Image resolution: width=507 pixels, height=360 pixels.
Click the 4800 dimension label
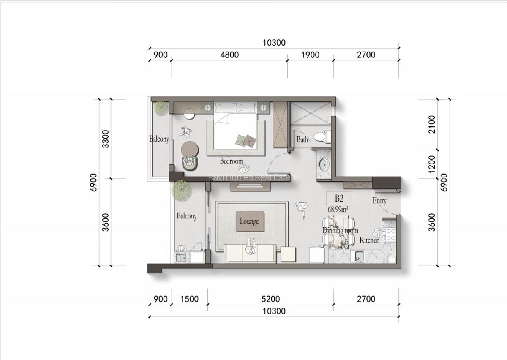pos(229,55)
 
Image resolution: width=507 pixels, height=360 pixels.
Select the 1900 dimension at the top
pos(311,55)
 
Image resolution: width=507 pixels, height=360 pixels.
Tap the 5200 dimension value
pos(270,299)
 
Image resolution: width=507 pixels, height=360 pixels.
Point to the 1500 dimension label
pos(189,299)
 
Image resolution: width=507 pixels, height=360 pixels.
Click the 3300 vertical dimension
pos(106,139)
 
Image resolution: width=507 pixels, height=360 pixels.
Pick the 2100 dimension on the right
pos(431,124)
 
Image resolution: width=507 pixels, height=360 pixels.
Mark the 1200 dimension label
pos(431,164)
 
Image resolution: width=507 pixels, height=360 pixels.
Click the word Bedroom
pos(231,161)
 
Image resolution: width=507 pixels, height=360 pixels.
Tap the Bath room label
pos(302,139)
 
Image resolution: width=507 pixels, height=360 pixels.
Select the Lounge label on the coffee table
pos(249,221)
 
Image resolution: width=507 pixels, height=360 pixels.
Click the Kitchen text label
pos(369,240)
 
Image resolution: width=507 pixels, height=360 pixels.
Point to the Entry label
pos(379,201)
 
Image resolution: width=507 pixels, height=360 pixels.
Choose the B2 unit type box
pos(338,198)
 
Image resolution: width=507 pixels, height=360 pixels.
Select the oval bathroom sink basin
pos(323,164)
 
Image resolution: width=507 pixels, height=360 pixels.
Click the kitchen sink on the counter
pos(359,256)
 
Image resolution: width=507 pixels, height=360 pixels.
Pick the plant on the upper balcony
pos(161,108)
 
